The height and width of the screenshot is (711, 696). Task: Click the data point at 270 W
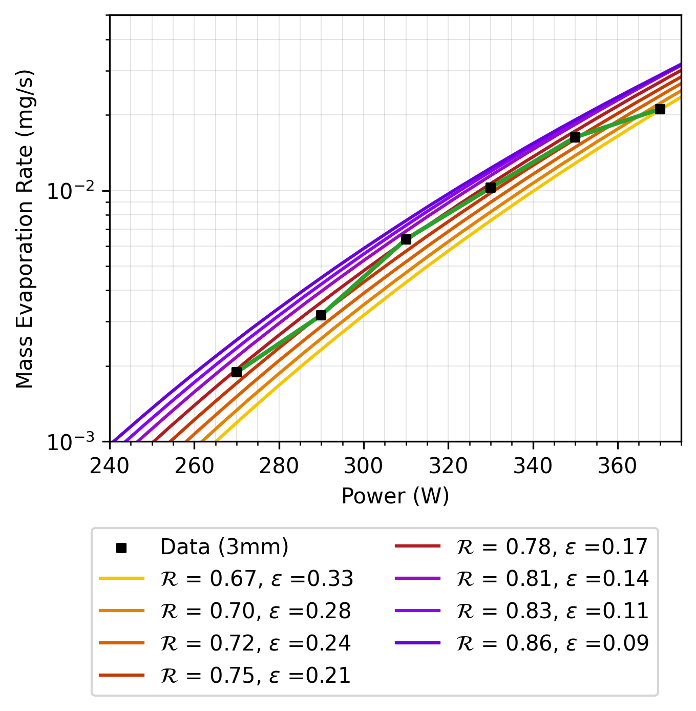point(237,372)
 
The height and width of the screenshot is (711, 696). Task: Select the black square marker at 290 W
point(321,315)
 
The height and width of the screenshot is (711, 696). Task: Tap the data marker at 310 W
point(406,239)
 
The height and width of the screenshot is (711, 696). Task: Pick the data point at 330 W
point(491,188)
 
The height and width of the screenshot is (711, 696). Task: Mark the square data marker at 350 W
point(575,137)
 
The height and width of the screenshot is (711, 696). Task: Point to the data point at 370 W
point(660,109)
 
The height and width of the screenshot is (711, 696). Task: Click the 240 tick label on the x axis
point(110,466)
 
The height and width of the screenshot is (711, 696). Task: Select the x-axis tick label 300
point(364,466)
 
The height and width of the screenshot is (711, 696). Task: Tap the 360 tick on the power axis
point(618,466)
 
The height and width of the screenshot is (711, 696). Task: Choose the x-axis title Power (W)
point(395,496)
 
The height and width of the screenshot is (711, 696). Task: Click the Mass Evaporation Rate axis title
point(25,229)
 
